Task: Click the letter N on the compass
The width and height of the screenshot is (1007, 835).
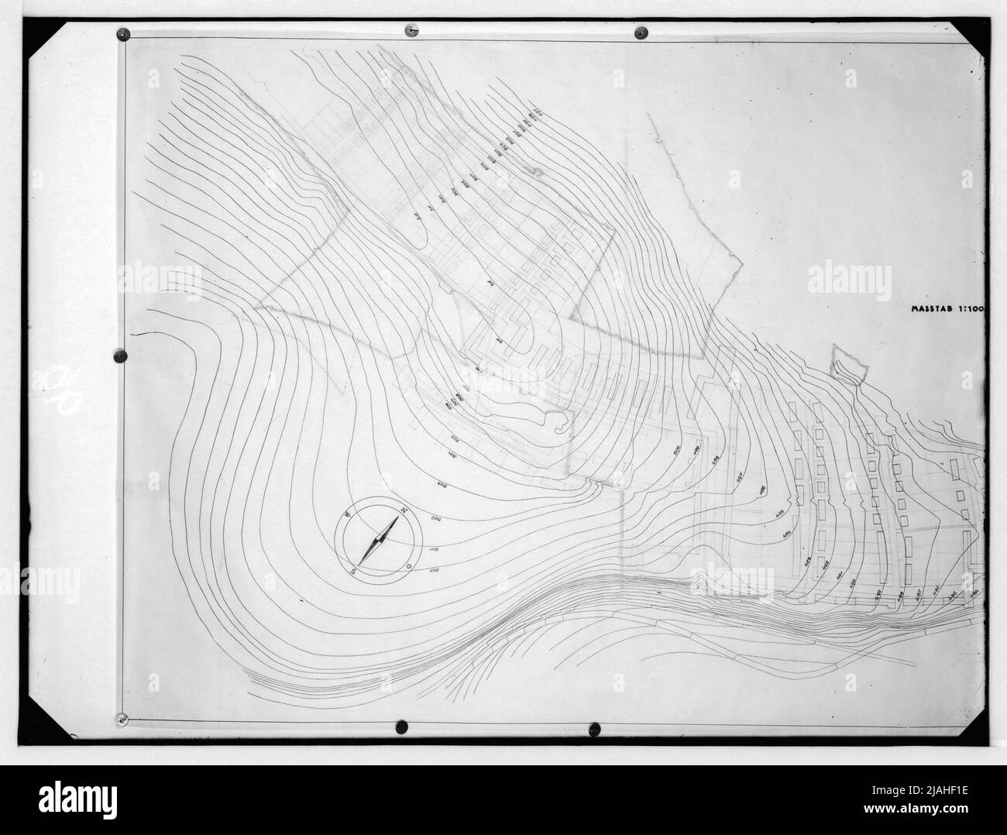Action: point(404,510)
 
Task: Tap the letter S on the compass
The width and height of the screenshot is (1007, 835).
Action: point(352,572)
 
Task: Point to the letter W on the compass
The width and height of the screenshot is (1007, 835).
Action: point(349,513)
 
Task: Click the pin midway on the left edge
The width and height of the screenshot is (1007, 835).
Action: point(119,356)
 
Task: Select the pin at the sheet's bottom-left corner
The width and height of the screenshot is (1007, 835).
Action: point(121,720)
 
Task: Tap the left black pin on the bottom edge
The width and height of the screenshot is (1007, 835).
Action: point(402,727)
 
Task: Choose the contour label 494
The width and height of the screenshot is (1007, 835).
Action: point(785,534)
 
